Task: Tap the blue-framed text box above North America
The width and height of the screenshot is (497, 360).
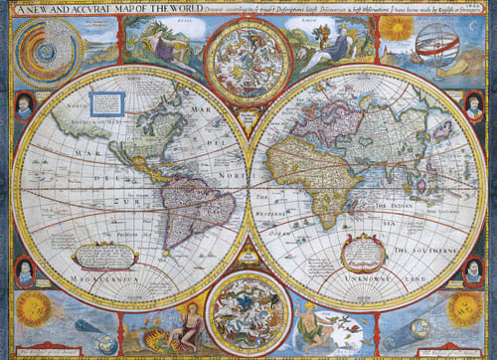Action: point(111,101)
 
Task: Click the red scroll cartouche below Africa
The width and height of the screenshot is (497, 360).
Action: point(363,254)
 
